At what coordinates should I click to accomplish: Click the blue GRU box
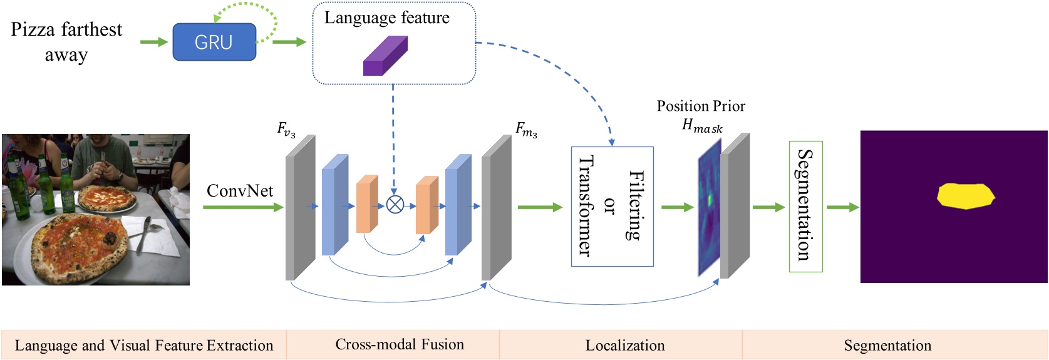(x=214, y=42)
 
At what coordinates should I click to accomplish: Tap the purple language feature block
(x=385, y=56)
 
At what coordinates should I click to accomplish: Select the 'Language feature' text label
(x=386, y=18)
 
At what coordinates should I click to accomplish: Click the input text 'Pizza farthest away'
(x=66, y=41)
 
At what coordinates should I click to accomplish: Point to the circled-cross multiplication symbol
(x=395, y=205)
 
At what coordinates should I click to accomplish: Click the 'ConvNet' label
(x=240, y=190)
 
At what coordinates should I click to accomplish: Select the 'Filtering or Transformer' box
(x=612, y=207)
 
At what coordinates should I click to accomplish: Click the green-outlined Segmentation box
(x=805, y=206)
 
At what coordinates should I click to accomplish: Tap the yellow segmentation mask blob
(x=965, y=195)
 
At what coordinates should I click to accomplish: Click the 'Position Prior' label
(x=701, y=106)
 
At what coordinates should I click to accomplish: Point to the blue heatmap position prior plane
(x=710, y=207)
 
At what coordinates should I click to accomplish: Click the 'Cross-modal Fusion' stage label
(x=400, y=344)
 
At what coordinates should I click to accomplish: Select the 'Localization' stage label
(x=624, y=345)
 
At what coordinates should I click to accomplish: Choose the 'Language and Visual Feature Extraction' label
(x=143, y=345)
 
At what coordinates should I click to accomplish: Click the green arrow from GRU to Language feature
(x=289, y=42)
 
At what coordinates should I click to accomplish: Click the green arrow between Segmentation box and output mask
(x=842, y=207)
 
